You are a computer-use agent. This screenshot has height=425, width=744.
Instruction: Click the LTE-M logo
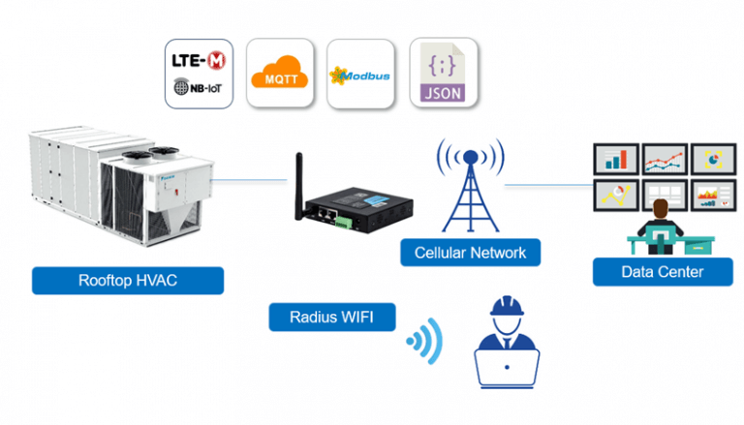199,60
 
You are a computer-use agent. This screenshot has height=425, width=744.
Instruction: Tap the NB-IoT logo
199,87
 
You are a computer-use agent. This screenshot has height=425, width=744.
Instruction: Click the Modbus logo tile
360,74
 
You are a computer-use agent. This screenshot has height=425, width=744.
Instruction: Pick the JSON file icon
443,73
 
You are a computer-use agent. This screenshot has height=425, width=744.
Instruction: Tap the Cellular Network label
470,254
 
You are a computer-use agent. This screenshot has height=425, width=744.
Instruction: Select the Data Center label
663,271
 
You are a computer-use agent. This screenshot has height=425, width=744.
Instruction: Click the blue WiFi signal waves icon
424,341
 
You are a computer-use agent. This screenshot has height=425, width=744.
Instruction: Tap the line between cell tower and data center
547,183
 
